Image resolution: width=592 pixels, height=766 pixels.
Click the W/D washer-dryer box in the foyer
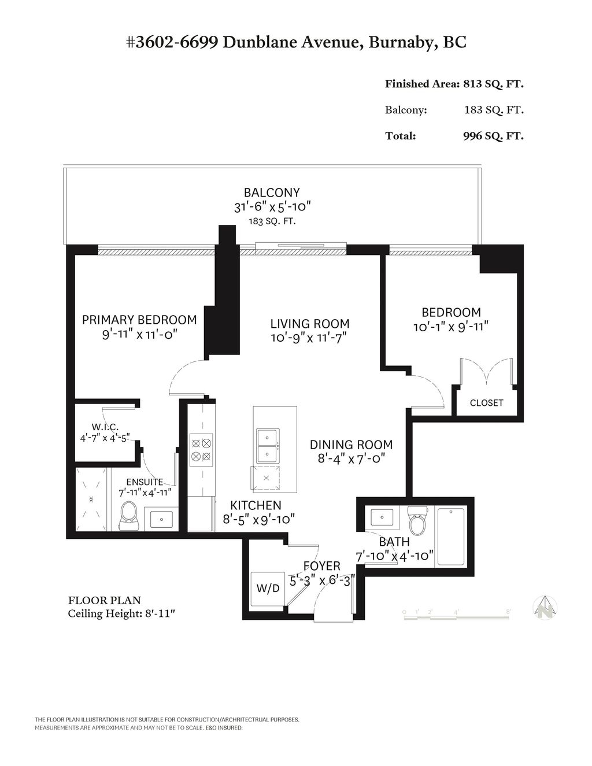(268, 589)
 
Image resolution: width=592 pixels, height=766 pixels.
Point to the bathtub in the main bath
(451, 536)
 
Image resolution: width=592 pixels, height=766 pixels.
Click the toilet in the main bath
(416, 521)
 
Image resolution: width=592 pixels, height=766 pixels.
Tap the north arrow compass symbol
(544, 608)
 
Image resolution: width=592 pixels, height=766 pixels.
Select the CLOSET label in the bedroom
(486, 403)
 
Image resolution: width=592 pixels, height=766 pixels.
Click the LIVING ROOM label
(310, 324)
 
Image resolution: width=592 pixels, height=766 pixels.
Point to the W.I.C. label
(105, 427)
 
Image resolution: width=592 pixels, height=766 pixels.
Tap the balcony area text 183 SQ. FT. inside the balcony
(272, 221)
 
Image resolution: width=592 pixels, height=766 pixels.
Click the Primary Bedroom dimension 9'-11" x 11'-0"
(139, 334)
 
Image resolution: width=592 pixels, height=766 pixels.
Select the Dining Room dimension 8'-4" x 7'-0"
(351, 458)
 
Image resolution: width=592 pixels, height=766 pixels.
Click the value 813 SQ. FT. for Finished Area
(493, 84)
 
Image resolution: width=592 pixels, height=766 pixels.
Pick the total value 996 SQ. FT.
(493, 136)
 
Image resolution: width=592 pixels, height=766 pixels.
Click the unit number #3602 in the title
(152, 42)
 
